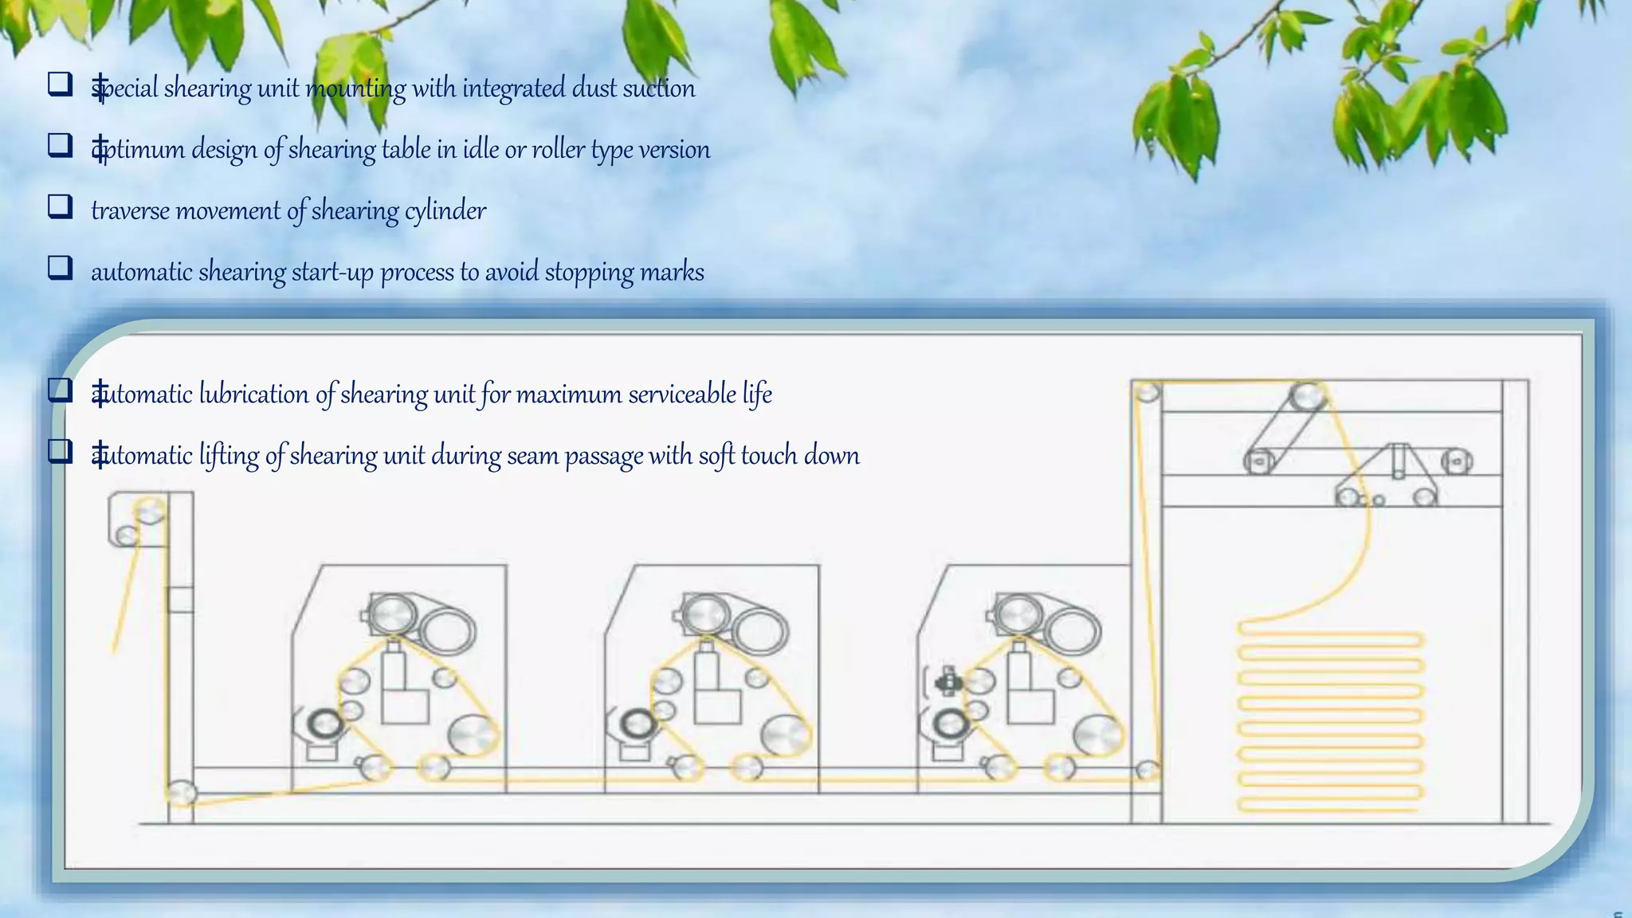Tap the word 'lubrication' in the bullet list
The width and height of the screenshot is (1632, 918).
[x=254, y=394]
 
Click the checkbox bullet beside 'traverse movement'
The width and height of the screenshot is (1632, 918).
[x=61, y=206]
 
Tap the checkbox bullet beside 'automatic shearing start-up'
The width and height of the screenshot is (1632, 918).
[x=61, y=268]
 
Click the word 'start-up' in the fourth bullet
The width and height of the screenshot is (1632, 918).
[x=332, y=273]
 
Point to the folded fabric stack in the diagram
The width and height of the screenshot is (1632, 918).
[x=1329, y=721]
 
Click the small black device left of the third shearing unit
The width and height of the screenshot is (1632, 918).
[x=947, y=681]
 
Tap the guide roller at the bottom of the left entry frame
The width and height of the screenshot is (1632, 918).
[x=181, y=794]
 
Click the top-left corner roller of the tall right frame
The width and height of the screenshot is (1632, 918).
[x=1147, y=393]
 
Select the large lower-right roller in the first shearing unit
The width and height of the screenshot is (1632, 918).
[x=473, y=735]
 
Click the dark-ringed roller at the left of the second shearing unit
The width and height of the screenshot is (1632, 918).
[x=635, y=724]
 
